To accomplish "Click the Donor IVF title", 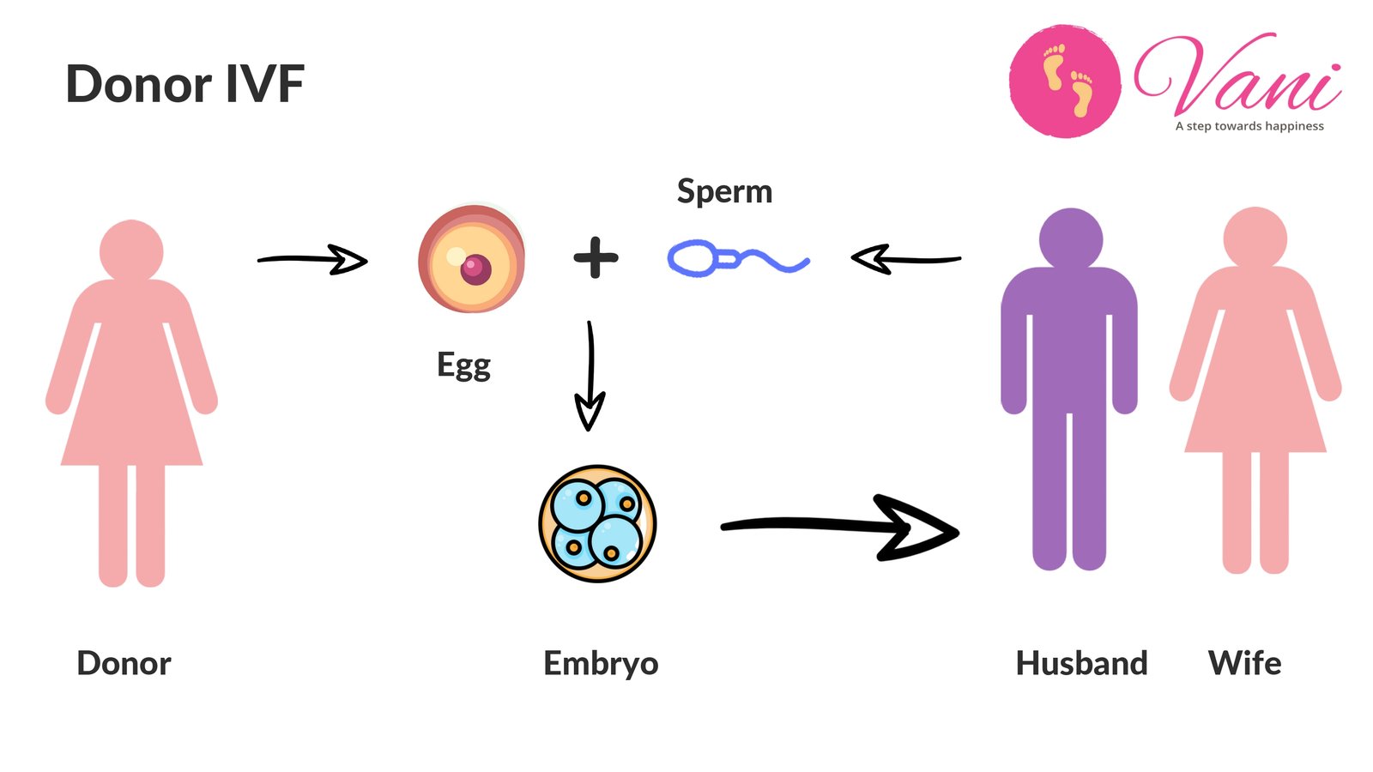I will (184, 84).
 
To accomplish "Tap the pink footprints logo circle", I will (1064, 81).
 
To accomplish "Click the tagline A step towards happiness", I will (1249, 126).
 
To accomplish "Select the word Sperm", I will (724, 191).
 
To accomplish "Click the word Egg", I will (463, 365).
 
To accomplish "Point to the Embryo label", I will (601, 663).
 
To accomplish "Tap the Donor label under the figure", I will (124, 663).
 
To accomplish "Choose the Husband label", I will (1081, 663).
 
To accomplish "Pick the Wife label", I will (1244, 663).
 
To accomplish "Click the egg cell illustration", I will (471, 259).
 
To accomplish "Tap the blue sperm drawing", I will (736, 258).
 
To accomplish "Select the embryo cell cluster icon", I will (597, 523).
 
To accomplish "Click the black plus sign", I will (596, 257).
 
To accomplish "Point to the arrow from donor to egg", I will (313, 259).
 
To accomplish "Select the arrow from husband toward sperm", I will (905, 258).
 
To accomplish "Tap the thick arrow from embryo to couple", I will (841, 527).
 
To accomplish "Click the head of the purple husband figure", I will (1070, 238).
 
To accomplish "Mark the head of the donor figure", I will (131, 250).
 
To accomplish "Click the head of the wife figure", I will (1255, 238).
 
